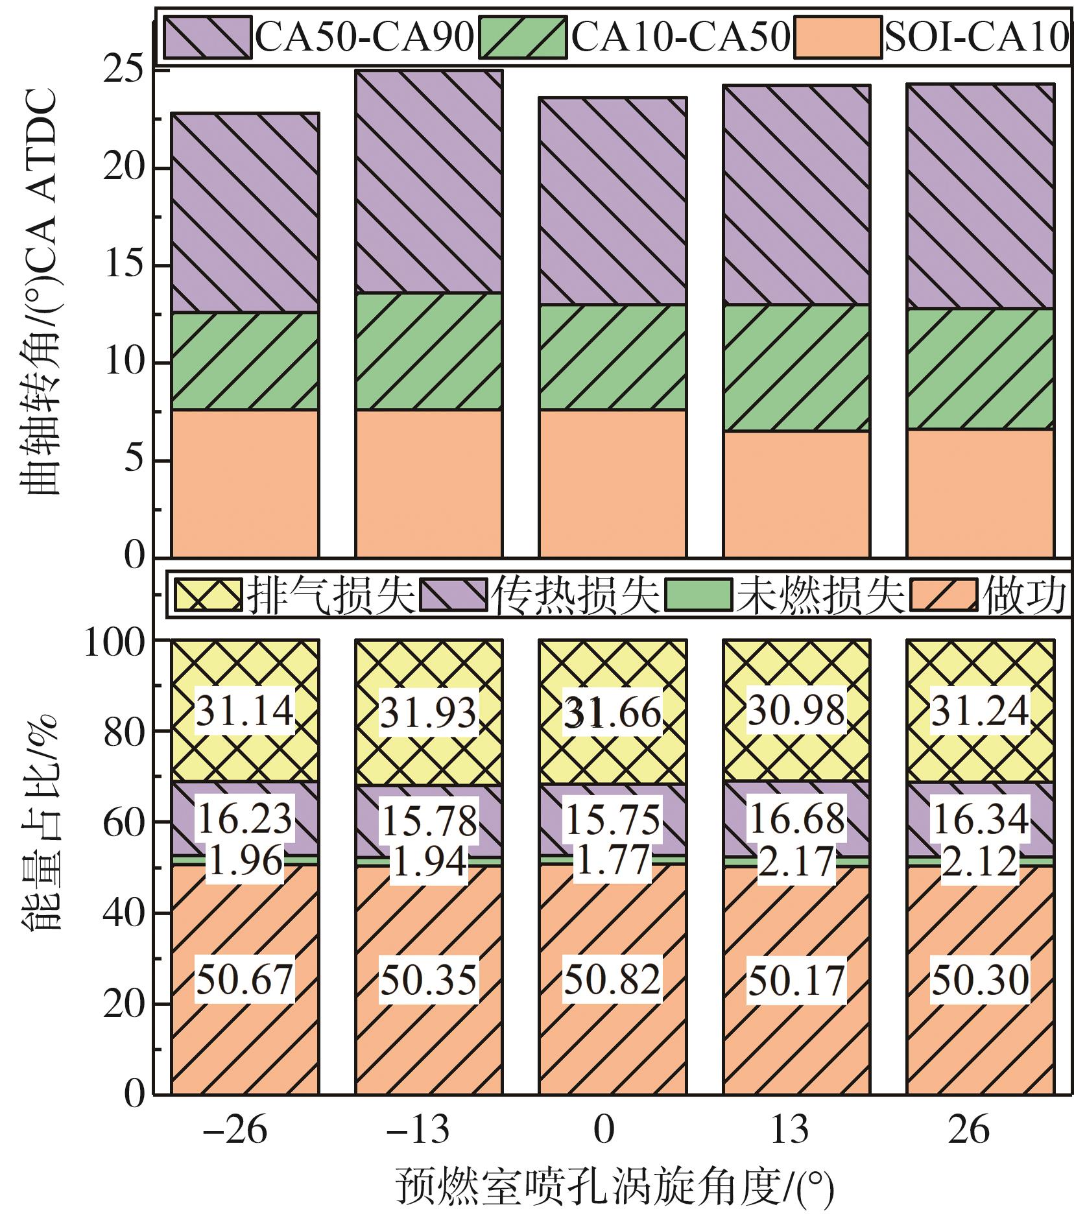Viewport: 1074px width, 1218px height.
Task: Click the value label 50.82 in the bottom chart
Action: (612, 979)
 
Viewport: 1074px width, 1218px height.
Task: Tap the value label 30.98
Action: (796, 710)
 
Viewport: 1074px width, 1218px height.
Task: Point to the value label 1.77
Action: (612, 861)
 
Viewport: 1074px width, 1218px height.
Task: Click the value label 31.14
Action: (245, 710)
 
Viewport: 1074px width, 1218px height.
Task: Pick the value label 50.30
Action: (980, 979)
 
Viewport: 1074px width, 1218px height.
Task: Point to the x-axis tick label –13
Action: (418, 1129)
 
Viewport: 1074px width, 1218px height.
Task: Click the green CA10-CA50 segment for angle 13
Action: (796, 368)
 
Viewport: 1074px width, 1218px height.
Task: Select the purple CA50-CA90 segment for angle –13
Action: (428, 182)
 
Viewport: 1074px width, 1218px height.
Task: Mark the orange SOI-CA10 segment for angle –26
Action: (245, 483)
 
